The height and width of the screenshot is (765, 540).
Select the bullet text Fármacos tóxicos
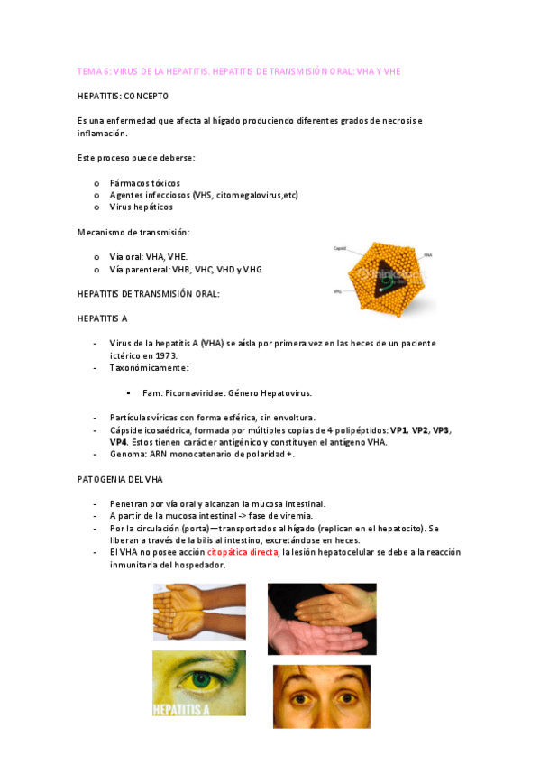point(144,182)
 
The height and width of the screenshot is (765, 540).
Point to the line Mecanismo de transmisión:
point(133,232)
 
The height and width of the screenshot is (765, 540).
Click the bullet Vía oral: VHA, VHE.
point(148,256)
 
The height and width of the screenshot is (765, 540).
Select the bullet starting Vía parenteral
point(186,269)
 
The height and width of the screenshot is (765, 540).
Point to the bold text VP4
point(118,442)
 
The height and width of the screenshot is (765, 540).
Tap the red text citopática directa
point(243,552)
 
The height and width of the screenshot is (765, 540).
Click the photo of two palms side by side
point(199,613)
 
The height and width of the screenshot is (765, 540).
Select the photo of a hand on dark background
point(322,618)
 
